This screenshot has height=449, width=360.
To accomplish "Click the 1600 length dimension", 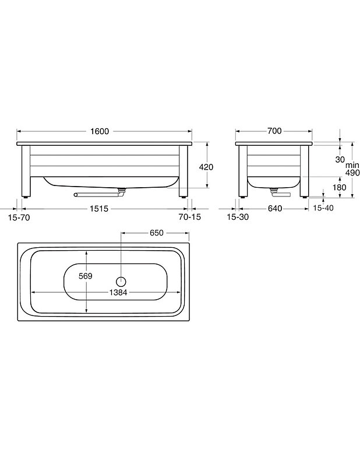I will coord(100,131).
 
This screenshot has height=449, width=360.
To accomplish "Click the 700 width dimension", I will coord(275,131).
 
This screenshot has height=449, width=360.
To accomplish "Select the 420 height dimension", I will coord(206,167).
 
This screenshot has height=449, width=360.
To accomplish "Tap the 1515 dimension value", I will coord(100,208).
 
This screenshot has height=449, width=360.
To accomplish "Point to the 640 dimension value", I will coord(275,208).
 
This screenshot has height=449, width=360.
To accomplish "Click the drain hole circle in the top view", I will coord(122,280).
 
